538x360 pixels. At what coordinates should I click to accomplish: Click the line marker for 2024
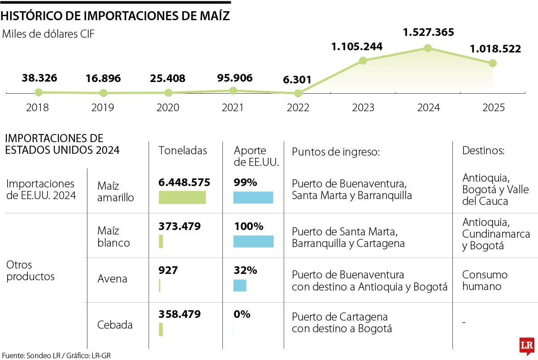[428, 48]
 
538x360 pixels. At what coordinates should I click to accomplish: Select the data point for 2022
[298, 93]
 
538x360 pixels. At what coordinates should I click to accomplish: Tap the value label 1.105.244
[357, 46]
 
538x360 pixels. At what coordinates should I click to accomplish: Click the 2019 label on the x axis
[103, 108]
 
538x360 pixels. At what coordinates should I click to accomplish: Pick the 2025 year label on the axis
[493, 108]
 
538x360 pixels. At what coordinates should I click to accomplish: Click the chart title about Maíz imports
[115, 16]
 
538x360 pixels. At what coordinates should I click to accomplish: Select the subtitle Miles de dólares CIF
[48, 34]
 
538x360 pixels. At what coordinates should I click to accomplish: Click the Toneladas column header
[183, 151]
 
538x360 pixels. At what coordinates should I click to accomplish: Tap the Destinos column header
[483, 151]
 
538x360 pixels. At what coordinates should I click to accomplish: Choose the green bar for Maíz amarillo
[182, 197]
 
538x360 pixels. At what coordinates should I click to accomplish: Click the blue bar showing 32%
[240, 286]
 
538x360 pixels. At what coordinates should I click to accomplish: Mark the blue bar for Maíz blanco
[253, 241]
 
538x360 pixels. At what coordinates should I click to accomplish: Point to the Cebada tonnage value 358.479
[179, 314]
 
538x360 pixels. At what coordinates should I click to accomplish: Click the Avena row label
[112, 279]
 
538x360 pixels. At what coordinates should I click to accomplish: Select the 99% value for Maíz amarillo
[245, 182]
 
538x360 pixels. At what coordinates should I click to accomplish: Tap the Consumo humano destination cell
[485, 280]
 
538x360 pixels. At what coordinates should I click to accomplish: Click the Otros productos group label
[30, 270]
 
